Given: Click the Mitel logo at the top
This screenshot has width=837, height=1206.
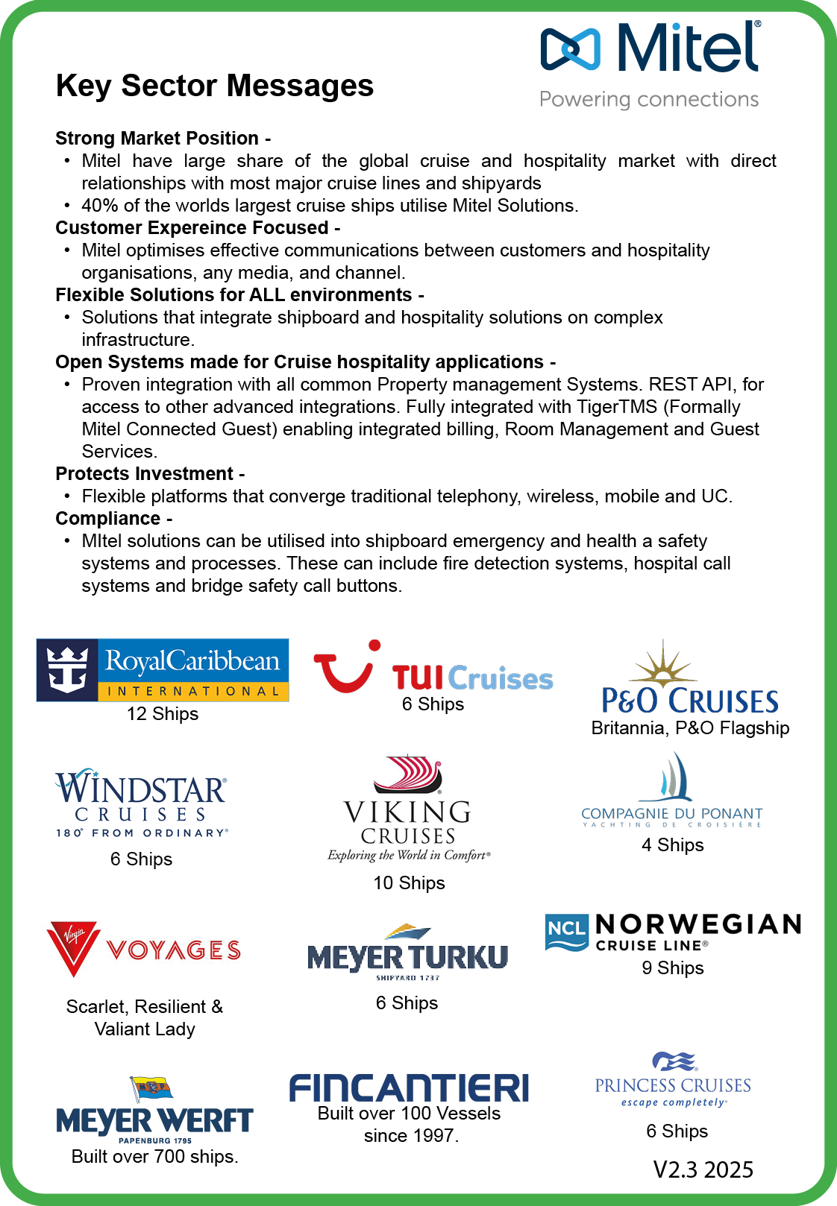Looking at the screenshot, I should tap(649, 49).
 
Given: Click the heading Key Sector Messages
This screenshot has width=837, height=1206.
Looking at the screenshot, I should tap(215, 86).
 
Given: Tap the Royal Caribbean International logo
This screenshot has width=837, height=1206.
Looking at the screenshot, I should tap(163, 669).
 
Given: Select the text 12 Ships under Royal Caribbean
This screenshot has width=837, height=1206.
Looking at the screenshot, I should tap(163, 714).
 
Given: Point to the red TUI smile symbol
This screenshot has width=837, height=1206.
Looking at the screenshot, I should tap(345, 668).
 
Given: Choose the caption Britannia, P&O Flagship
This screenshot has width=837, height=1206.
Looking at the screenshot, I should tap(690, 728).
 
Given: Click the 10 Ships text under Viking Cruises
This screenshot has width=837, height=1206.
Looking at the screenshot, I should tap(409, 883).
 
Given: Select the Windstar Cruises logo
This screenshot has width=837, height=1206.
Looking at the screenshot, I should tap(141, 804).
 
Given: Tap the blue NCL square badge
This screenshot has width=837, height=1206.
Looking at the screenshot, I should tap(566, 932).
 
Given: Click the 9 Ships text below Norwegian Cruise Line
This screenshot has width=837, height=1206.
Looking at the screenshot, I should tap(673, 968).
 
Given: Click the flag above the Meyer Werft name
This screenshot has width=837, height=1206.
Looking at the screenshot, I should tap(151, 1089).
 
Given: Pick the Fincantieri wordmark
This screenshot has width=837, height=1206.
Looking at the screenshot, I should tap(409, 1088).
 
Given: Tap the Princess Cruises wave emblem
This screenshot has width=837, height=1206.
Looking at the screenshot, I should tap(674, 1061).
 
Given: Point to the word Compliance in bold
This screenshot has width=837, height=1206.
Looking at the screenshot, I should tap(108, 519).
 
